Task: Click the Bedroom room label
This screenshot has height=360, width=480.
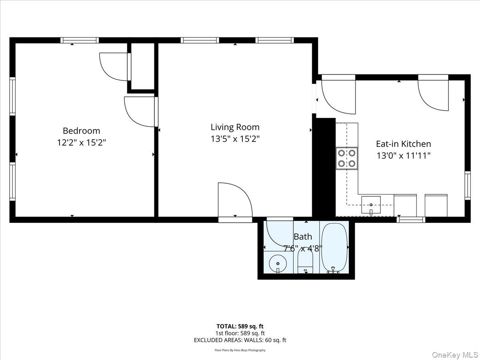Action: click(81, 131)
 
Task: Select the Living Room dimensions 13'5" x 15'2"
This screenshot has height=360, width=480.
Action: click(235, 139)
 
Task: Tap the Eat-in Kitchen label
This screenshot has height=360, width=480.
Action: click(403, 144)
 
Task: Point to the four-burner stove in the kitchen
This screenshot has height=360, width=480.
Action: click(346, 158)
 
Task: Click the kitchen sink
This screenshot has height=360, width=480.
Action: click(371, 205)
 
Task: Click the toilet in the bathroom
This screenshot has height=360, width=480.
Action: click(305, 264)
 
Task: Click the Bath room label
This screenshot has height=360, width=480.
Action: click(302, 236)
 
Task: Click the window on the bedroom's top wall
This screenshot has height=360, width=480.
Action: click(80, 40)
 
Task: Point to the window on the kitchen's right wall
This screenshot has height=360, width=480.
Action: click(467, 185)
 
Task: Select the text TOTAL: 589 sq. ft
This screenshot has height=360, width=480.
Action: click(240, 326)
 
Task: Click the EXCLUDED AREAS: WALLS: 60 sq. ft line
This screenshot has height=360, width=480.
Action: click(240, 340)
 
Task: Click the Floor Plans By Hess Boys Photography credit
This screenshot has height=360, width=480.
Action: click(240, 350)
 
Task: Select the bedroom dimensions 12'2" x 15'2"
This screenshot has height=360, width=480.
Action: click(81, 142)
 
